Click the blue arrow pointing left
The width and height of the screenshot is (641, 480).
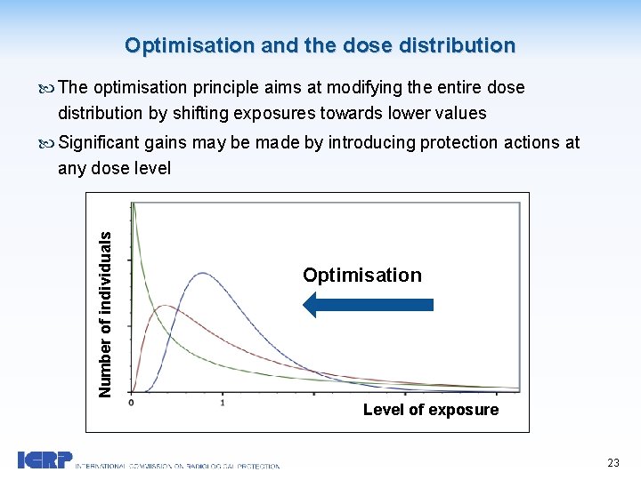[368, 304]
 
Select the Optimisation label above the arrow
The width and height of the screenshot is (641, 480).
[361, 275]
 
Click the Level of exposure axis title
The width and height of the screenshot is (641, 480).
[430, 410]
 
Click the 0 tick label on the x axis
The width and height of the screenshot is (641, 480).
[132, 403]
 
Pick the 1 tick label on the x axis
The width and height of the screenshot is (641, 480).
[222, 403]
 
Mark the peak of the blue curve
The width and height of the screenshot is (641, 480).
[203, 274]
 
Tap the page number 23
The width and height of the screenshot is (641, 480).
[613, 462]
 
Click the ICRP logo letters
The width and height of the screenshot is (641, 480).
[45, 460]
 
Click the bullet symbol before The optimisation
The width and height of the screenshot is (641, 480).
[47, 88]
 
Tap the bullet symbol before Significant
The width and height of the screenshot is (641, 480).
[47, 143]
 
